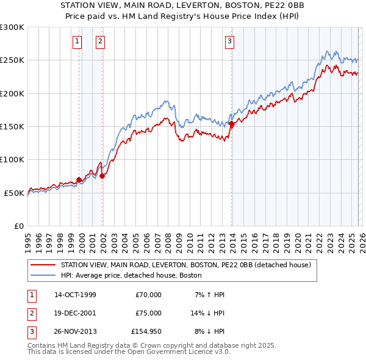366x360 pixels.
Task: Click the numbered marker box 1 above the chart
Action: tap(78, 41)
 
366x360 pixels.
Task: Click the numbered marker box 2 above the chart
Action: tap(99, 41)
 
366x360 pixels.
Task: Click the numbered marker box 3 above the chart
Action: tap(229, 41)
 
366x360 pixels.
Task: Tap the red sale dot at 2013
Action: tap(232, 124)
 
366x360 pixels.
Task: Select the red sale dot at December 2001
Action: tap(102, 176)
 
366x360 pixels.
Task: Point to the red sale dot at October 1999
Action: tap(79, 179)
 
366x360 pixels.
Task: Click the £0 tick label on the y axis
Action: tap(19, 226)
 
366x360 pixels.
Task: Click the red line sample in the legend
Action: tap(43, 265)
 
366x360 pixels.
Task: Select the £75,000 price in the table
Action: tap(148, 313)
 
